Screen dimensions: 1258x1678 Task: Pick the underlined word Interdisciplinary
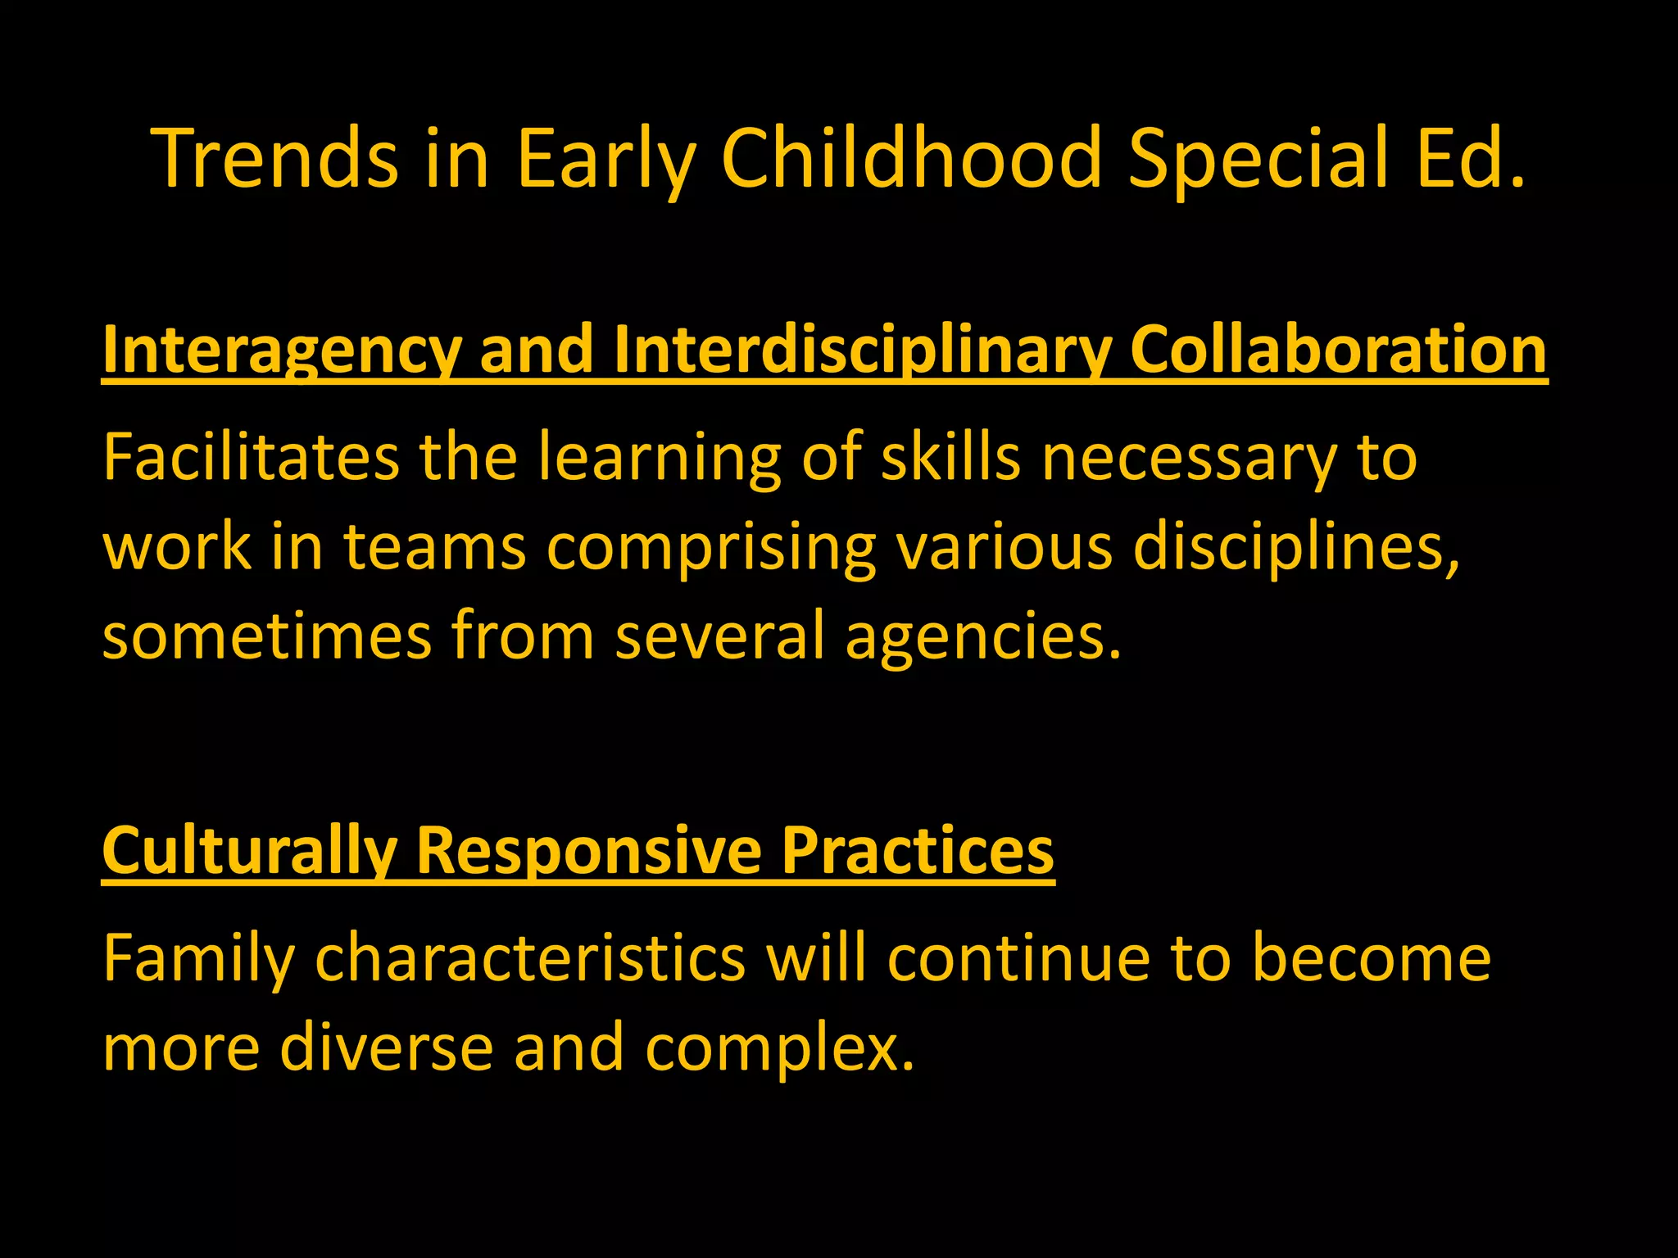860,351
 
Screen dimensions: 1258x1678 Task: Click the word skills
950,457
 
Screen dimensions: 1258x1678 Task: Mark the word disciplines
1295,547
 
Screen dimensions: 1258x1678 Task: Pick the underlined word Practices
917,852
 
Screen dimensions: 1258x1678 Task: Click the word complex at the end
778,1048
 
